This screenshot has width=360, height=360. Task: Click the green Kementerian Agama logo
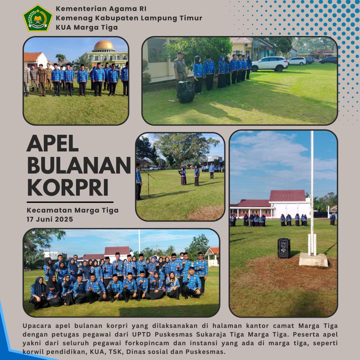tap(37, 18)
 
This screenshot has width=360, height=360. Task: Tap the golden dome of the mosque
tap(104, 45)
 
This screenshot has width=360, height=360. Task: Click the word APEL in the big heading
tap(53, 143)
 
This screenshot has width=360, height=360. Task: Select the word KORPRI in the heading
tap(68, 187)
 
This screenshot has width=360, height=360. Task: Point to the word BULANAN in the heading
tap(79, 165)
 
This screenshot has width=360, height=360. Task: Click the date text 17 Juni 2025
tap(50, 219)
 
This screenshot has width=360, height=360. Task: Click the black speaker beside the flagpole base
tap(284, 248)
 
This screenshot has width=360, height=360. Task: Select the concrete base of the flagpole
tap(313, 260)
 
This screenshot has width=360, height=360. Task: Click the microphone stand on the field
tap(148, 184)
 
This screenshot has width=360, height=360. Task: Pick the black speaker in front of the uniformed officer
tap(186, 92)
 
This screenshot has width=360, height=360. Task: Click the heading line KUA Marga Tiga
tap(87, 27)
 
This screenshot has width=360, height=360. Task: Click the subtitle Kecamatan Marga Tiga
tap(72, 210)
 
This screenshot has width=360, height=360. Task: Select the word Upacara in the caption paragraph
tap(37, 326)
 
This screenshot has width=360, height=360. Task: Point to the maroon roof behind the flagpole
tap(287, 196)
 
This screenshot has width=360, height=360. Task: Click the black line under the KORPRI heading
tap(70, 202)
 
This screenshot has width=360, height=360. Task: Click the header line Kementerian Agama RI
tap(101, 9)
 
